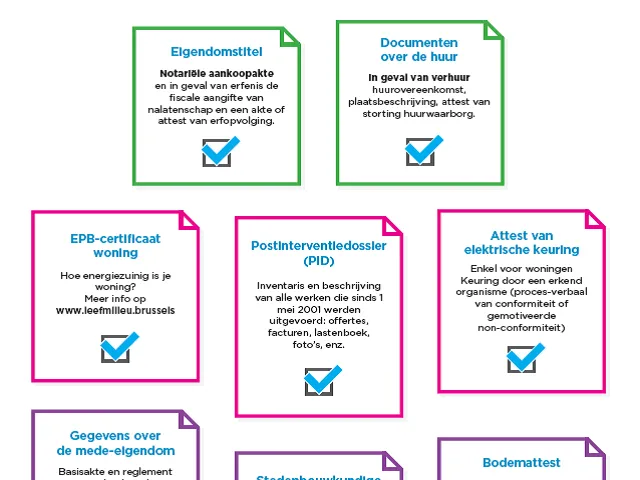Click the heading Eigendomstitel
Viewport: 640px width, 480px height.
217,50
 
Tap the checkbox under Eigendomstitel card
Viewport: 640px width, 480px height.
218,151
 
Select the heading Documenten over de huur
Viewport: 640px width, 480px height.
419,50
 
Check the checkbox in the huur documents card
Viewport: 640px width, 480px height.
421,150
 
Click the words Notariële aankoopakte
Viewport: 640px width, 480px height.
217,73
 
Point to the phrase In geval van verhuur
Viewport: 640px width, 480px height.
419,77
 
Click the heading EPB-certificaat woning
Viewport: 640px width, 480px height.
115,246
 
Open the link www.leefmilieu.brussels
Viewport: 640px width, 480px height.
115,310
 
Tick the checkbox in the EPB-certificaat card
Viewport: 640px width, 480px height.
118,347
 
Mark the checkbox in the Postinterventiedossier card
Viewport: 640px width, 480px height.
321,380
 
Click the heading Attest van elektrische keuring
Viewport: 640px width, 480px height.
521,242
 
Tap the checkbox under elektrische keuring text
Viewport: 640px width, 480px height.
523,357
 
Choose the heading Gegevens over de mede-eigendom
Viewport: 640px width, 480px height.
115,443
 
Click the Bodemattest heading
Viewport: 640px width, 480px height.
521,462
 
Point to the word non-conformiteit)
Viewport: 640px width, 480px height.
521,327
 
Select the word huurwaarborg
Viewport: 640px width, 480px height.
447,113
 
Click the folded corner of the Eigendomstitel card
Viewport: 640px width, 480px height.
290,35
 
